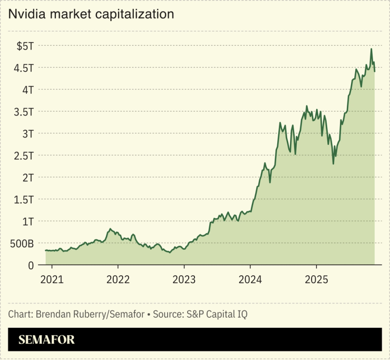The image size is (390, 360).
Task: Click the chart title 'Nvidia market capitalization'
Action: [x=91, y=15]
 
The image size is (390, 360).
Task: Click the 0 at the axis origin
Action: [x=32, y=265]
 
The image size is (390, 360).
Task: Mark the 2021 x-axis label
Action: [x=51, y=279]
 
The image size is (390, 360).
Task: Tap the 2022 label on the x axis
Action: [x=118, y=279]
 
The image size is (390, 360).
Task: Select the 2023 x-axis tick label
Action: [x=184, y=279]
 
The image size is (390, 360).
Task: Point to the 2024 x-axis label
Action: [x=250, y=279]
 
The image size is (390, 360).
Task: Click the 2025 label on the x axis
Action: [x=317, y=279]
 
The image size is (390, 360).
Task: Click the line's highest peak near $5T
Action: [x=372, y=49]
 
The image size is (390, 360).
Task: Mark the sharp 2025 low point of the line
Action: [x=333, y=163]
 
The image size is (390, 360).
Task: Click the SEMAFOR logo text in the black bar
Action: [x=47, y=340]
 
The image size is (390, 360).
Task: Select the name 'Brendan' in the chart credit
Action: [x=53, y=314]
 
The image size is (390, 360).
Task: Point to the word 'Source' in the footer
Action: [x=167, y=314]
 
